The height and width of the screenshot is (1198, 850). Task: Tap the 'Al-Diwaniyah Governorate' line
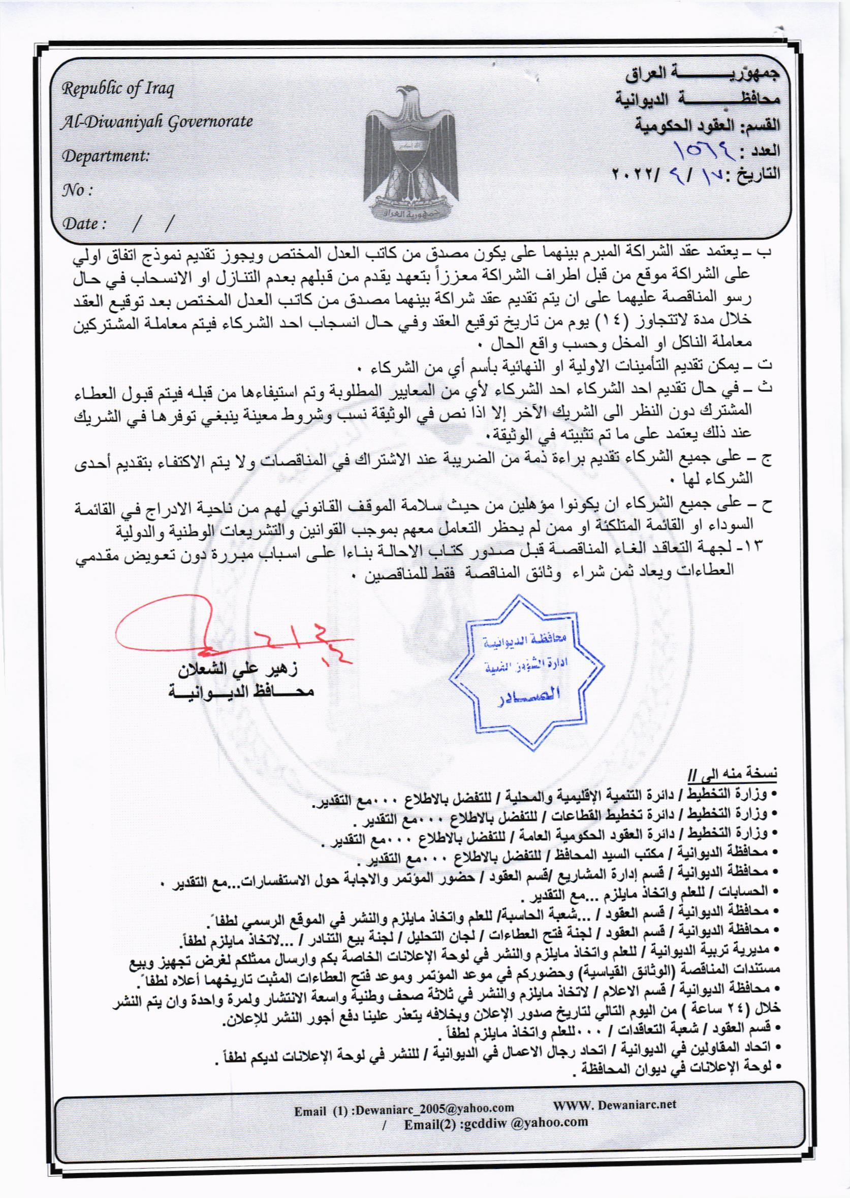[x=157, y=121]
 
